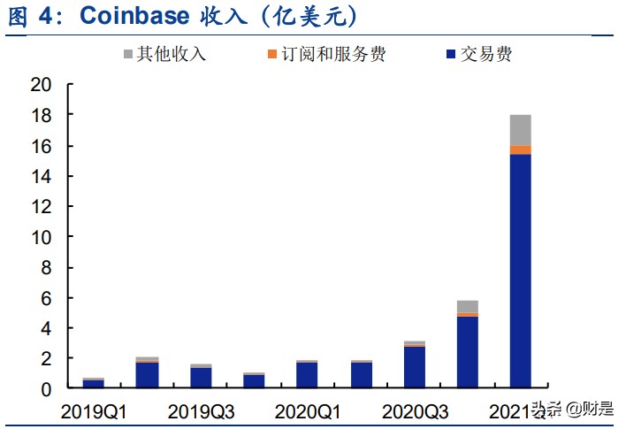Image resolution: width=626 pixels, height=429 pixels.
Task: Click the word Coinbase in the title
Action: coord(136,16)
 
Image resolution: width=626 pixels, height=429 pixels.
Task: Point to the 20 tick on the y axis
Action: coord(41,86)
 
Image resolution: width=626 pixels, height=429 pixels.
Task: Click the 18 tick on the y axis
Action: coord(41,116)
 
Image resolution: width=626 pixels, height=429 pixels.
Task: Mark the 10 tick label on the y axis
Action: coord(41,237)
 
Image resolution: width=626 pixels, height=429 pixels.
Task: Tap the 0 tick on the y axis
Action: coord(47,389)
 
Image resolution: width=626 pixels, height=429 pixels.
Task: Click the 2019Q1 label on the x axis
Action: coord(94,411)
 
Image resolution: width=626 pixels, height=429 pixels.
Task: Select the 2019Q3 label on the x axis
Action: coord(202,411)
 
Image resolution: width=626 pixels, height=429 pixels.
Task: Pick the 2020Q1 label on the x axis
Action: coord(309,411)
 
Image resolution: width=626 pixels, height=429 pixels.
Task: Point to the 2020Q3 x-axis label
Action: coord(416,411)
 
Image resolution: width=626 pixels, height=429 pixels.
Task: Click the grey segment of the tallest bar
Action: coord(521,130)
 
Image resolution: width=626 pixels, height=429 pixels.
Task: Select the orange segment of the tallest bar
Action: coord(521,149)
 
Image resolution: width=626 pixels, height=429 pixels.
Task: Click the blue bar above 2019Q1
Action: coord(94,384)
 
